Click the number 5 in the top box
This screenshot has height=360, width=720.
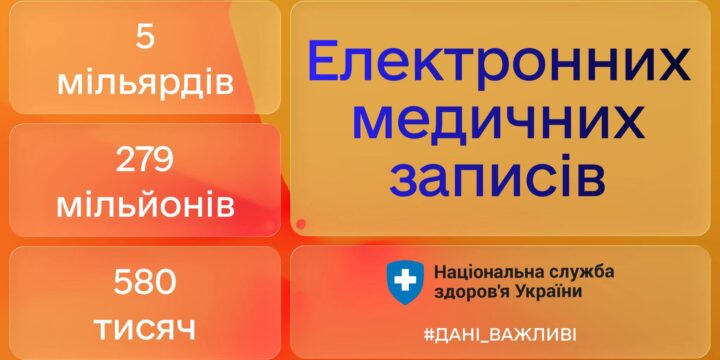point(145,37)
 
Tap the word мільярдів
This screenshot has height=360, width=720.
point(145,82)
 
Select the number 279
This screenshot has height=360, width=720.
point(145,160)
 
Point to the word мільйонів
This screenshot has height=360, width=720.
point(145,206)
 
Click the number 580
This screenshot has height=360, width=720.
point(145,283)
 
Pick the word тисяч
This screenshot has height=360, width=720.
point(145,327)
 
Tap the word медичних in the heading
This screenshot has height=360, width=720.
point(498,122)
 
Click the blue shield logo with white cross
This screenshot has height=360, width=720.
point(406,281)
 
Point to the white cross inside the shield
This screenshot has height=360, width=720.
point(406,280)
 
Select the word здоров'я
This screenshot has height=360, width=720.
point(470,291)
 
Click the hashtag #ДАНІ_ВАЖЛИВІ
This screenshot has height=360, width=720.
point(499,333)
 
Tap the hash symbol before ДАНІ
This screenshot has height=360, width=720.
point(429,333)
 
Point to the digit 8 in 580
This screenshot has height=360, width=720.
point(145,283)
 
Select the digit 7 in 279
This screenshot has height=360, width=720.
point(145,160)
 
